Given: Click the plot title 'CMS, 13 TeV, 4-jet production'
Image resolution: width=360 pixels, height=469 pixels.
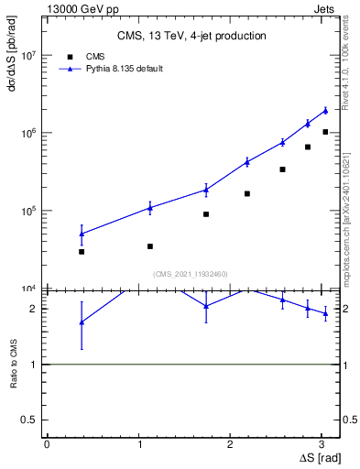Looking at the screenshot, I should [x=191, y=37].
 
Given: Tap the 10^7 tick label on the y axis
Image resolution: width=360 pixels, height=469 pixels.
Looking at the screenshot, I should [x=29, y=55].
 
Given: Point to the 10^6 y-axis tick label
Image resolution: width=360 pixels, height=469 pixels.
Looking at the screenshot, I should [x=29, y=133].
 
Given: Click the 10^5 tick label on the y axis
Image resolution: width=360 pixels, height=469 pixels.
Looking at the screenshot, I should [x=29, y=211].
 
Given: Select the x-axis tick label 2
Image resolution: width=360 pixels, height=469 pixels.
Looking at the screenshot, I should [x=234, y=443].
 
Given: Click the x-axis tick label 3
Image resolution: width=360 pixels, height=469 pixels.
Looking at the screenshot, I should [x=327, y=443].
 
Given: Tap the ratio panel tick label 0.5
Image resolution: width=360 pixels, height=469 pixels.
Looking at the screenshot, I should [x=31, y=420].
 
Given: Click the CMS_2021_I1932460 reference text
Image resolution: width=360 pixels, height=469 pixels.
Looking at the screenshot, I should [x=191, y=274].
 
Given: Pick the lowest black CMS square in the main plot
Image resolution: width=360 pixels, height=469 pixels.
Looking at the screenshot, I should [x=82, y=251].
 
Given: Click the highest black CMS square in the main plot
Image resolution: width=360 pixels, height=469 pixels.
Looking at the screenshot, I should [x=325, y=132].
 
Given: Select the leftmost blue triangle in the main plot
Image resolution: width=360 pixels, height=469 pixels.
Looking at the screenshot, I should [x=82, y=234].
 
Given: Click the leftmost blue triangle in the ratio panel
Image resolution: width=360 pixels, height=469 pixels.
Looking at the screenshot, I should [x=82, y=322].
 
